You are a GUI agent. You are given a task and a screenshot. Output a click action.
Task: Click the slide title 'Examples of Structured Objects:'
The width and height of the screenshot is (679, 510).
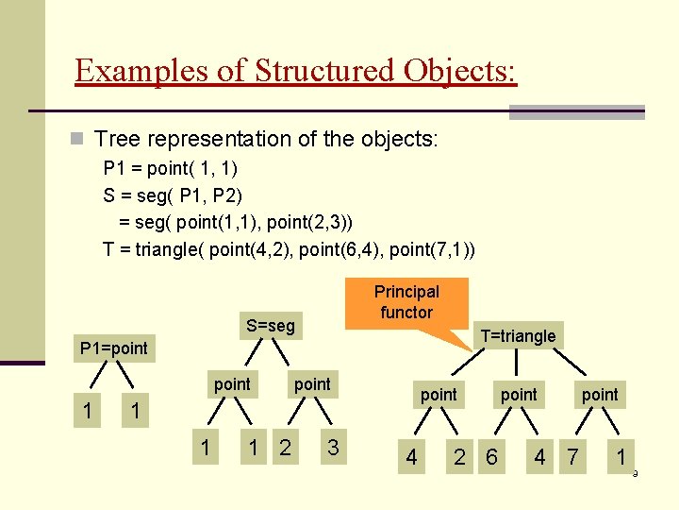coord(295,71)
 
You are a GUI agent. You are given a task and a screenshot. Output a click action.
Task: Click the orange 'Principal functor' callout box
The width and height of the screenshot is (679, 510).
coord(406,302)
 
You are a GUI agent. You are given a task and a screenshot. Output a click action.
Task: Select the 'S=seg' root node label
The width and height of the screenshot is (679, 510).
coord(271,326)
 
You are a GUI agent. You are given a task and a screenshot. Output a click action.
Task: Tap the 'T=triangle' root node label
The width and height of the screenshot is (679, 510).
coord(518,335)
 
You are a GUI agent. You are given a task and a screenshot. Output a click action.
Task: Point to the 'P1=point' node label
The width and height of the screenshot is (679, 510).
coord(114,348)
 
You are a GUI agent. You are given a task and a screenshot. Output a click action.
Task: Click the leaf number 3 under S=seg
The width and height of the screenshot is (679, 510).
coord(332,448)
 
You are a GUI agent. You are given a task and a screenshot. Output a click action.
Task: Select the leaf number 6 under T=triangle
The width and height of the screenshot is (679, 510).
coord(490,458)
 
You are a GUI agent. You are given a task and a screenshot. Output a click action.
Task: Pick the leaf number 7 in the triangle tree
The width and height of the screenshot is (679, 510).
coord(571,458)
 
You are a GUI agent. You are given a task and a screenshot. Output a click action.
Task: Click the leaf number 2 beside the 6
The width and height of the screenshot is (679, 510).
coord(459,458)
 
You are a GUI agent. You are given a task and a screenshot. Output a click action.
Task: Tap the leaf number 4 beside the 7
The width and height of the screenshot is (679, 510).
coord(539,458)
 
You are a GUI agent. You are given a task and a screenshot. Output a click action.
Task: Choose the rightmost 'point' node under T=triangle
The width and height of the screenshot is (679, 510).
coord(600,394)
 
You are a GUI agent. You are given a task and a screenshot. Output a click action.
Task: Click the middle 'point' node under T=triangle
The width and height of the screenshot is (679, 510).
coord(519,394)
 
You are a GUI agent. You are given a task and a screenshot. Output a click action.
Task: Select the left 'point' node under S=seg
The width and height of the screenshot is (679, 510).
coord(232,383)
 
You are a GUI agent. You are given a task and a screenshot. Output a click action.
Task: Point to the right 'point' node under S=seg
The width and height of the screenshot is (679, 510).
coord(312,383)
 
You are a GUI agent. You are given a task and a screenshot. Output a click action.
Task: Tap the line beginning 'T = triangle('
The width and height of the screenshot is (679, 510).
coord(289,250)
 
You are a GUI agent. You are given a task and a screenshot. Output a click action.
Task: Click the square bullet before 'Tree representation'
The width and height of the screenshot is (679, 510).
coord(78,140)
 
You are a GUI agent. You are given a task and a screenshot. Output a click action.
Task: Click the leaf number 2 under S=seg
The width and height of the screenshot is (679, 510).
coord(285,448)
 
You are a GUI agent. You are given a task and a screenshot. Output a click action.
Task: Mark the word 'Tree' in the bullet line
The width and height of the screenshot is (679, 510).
coord(117,140)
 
